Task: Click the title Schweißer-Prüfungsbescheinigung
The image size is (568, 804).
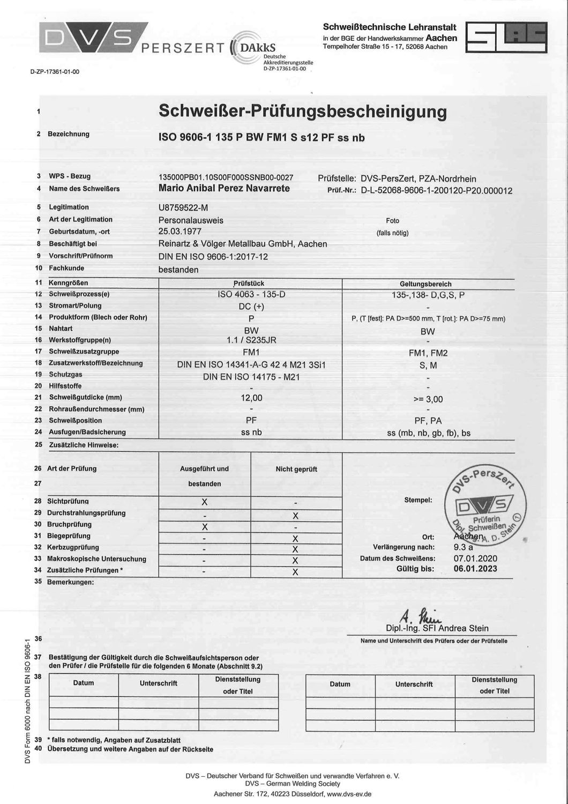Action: (303, 111)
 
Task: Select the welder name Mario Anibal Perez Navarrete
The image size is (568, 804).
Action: (225, 188)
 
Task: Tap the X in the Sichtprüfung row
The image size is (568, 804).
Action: (204, 502)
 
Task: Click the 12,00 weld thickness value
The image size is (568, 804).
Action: (251, 398)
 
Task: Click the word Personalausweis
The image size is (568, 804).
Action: (191, 220)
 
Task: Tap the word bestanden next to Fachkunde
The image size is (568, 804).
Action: (178, 270)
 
